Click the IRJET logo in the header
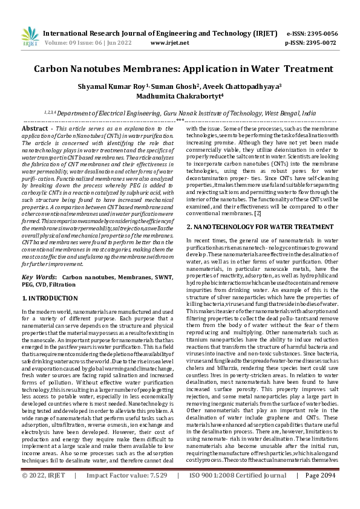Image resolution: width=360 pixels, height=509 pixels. pos(30,37)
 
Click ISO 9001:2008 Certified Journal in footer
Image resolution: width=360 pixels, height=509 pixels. pos(238,493)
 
